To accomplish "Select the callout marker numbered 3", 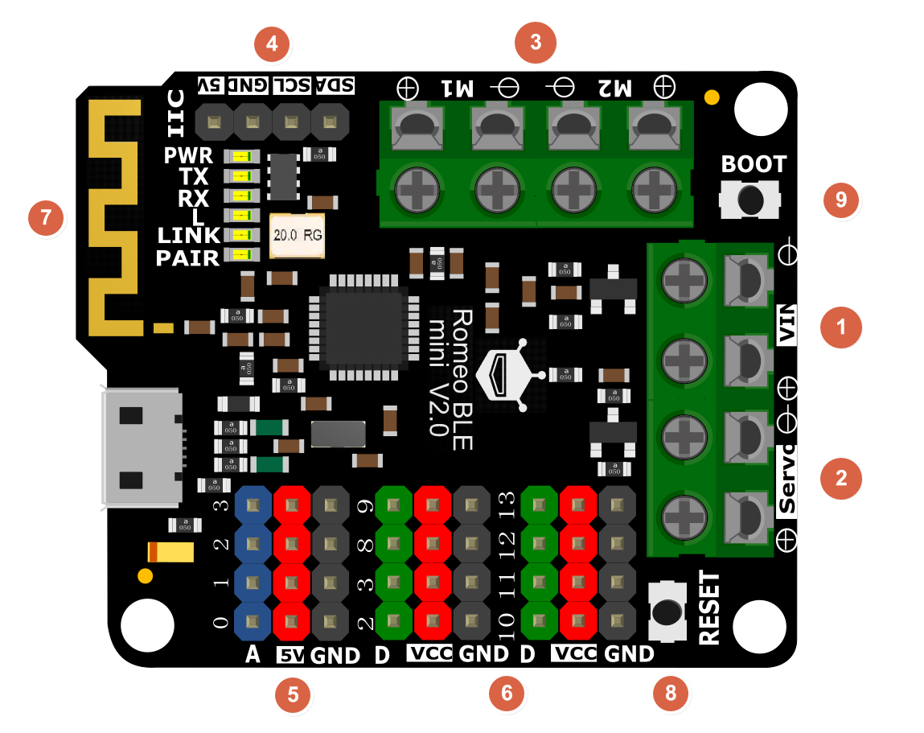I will [x=536, y=43].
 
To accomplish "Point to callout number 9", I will [x=841, y=200].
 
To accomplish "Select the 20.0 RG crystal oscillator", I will [x=297, y=236].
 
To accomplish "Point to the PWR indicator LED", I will [x=241, y=156].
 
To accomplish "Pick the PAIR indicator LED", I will [x=241, y=255].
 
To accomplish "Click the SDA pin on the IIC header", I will [x=330, y=122].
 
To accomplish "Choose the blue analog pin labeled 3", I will [x=253, y=505].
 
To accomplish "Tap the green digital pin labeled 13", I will [x=538, y=505].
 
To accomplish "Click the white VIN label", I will [x=786, y=325].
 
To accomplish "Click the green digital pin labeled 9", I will [x=394, y=505].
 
